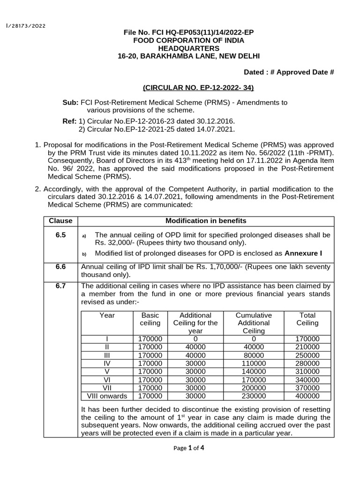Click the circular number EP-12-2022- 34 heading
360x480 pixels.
pos(198,88)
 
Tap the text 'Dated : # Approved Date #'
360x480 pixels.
pos(289,72)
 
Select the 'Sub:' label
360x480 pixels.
pos(71,103)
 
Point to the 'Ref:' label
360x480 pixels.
pos(69,121)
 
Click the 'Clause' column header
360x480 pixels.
pos(60,221)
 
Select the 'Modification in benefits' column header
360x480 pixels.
pos(206,221)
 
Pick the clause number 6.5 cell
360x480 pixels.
pos(60,234)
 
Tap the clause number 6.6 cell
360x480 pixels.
pos(60,267)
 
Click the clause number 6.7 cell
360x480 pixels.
pos(60,285)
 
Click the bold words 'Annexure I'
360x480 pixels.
pos(304,254)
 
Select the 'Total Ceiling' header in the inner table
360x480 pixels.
pos(307,319)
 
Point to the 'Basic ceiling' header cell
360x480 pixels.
pos(150,319)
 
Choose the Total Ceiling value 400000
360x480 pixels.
pos(307,396)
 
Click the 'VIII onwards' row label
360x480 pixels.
pos(107,396)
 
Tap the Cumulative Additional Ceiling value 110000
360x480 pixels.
pos(254,363)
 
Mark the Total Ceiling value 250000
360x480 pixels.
pos(307,355)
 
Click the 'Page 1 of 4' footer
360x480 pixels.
pos(188,448)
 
